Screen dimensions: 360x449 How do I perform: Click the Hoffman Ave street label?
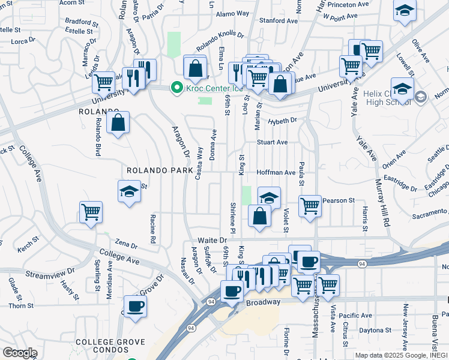tap(276, 172)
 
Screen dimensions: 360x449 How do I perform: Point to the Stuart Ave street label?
tap(273, 142)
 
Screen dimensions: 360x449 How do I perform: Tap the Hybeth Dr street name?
tap(283, 121)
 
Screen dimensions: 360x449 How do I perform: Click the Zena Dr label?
tap(127, 245)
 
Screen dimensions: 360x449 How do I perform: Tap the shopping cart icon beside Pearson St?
tap(310, 206)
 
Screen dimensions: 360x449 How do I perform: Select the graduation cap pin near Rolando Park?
tap(129, 191)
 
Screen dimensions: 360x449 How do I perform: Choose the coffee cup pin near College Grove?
tap(135, 306)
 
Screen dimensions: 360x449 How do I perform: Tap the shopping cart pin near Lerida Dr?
tap(104, 82)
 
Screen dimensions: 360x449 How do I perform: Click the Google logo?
tap(20, 353)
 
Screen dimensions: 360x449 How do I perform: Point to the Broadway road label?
tap(263, 302)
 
